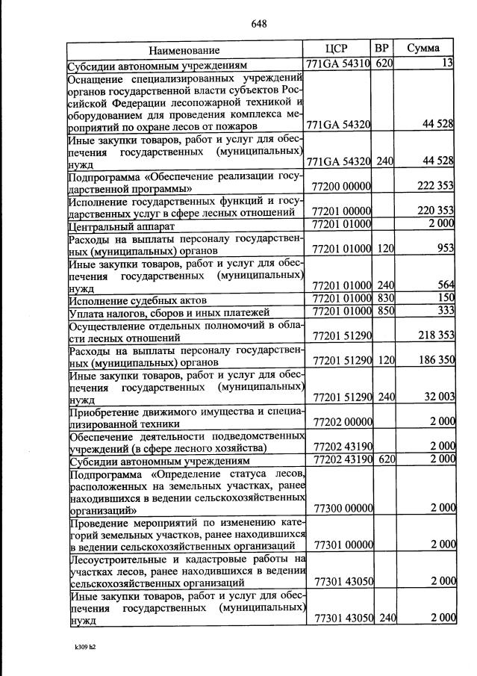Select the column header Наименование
click(x=184, y=50)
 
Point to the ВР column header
click(x=382, y=49)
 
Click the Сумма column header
click(x=423, y=49)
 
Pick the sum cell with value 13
click(x=447, y=64)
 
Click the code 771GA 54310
click(x=339, y=64)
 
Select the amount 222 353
click(x=435, y=186)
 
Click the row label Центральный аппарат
click(x=122, y=225)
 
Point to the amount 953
click(x=446, y=249)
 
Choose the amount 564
click(x=446, y=284)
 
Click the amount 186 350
click(x=436, y=360)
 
